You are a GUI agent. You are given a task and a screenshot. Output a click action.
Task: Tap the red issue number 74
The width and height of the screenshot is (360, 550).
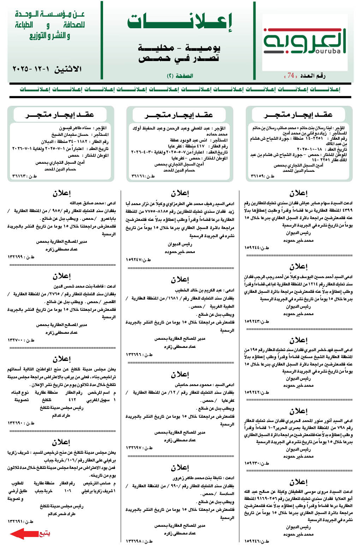(291, 75)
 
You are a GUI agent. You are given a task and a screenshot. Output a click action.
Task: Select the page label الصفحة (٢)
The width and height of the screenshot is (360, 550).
(180, 76)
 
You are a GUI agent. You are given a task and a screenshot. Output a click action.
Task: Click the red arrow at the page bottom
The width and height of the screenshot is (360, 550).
(24, 533)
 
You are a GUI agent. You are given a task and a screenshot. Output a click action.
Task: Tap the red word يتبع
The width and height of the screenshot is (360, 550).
(44, 533)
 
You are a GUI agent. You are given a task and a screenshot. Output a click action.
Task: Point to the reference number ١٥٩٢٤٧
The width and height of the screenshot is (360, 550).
(134, 260)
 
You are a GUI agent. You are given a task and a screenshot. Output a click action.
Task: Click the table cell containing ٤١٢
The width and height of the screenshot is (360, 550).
(72, 400)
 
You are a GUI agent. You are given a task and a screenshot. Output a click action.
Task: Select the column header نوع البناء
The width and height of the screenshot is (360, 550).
(20, 392)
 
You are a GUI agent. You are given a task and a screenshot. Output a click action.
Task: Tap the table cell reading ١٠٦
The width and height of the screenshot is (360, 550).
(68, 491)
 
